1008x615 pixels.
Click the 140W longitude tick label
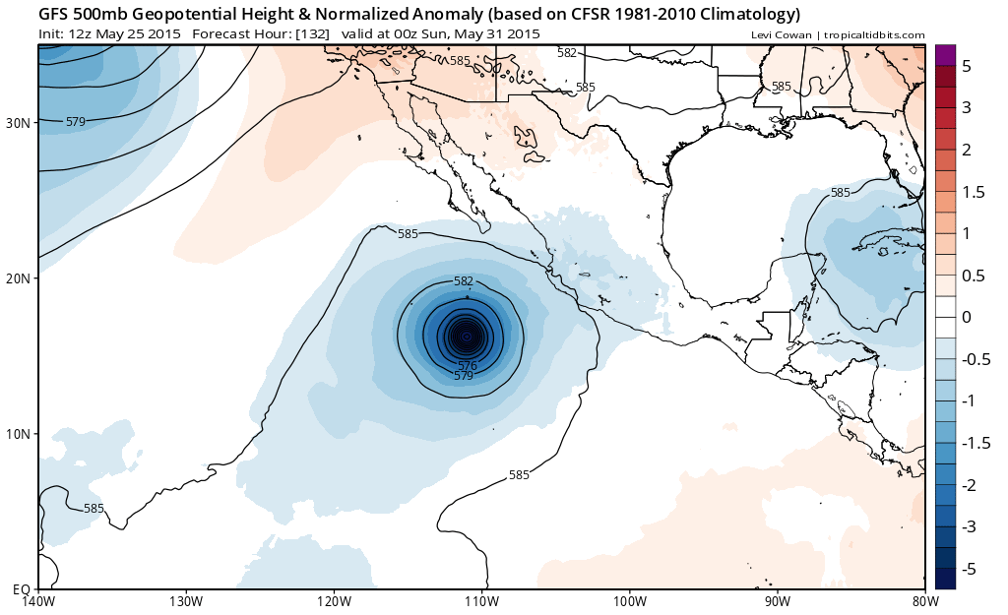39,601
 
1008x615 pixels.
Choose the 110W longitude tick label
481,601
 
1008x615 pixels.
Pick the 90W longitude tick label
777,601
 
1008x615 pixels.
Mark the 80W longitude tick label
923,601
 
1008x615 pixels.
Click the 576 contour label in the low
468,366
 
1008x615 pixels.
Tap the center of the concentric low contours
466,337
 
